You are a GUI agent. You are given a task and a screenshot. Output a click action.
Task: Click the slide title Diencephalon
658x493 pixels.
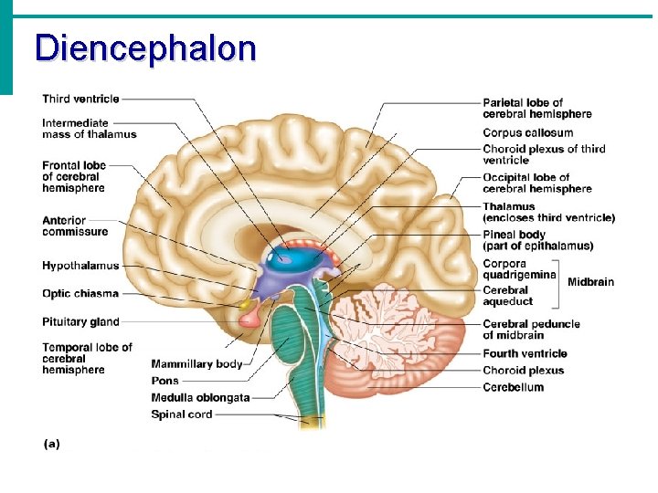[x=145, y=47]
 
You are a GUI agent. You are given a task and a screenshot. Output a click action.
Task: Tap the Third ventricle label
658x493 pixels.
[x=80, y=99]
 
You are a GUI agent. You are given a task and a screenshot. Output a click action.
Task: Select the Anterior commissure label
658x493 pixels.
[x=76, y=226]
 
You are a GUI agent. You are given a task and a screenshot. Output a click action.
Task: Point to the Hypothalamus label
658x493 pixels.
[x=80, y=266]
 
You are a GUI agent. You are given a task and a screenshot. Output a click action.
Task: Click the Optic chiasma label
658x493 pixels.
[x=80, y=293]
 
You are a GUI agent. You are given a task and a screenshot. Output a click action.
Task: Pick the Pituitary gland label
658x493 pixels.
[x=80, y=321]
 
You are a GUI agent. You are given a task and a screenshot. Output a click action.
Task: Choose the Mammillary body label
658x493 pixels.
[x=196, y=363]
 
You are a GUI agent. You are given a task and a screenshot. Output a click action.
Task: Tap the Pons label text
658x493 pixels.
[x=165, y=381]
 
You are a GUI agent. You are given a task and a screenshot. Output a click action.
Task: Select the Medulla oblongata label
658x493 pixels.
[x=199, y=397]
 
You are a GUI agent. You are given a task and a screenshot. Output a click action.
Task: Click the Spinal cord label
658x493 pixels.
[x=181, y=414]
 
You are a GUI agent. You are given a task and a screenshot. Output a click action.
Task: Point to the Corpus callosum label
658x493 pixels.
[x=527, y=133]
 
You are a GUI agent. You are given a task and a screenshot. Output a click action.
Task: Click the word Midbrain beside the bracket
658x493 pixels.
[x=590, y=281]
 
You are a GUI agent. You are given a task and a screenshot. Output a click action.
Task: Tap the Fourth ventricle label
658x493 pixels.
[x=525, y=353]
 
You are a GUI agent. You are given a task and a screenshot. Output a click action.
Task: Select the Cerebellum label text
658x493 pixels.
[x=513, y=387]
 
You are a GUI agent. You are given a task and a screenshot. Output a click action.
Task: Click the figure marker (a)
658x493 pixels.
[x=51, y=444]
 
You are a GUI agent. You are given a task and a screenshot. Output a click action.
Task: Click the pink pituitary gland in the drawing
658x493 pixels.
[x=249, y=318]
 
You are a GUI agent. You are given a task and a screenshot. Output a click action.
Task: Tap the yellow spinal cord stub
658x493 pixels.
[x=313, y=423]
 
